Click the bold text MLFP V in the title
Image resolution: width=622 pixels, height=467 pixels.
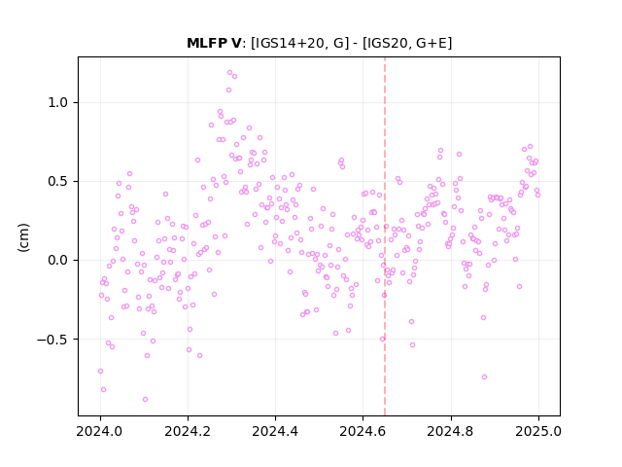[214, 43]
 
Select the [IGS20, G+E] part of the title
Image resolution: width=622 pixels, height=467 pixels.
[407, 43]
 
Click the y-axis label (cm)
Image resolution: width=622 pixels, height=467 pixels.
[23, 237]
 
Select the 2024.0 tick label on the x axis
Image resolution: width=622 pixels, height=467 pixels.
[100, 431]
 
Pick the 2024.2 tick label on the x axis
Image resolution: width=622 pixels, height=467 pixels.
[188, 431]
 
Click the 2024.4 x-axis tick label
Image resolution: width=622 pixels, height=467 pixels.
[275, 431]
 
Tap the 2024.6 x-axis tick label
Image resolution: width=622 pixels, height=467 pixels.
[363, 431]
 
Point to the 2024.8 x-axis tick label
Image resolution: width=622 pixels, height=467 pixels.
[451, 431]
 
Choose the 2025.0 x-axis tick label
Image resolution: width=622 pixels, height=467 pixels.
[538, 431]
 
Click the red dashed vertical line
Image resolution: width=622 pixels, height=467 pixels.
[385, 236]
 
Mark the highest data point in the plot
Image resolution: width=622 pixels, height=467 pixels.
[229, 72]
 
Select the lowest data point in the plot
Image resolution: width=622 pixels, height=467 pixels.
[145, 399]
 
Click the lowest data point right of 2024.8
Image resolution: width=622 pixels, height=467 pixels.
[484, 377]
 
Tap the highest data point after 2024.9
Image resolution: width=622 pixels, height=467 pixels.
[530, 147]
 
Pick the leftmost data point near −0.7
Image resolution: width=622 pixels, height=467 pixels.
[100, 371]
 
